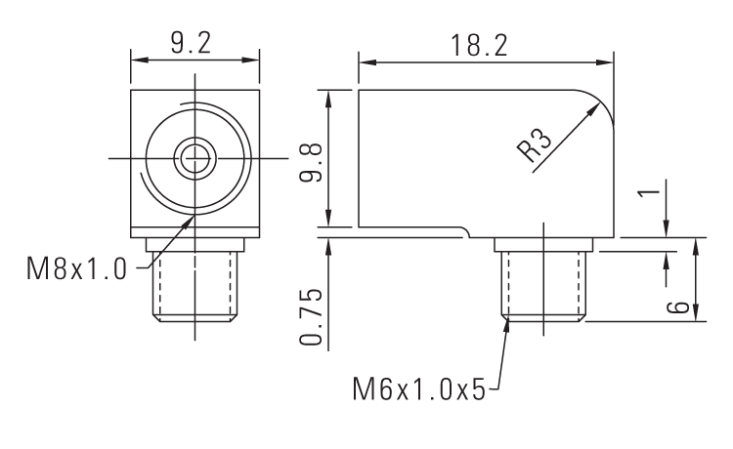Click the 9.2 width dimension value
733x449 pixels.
tap(194, 42)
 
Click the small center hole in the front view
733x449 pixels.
tap(195, 157)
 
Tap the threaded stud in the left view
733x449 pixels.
tap(195, 283)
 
